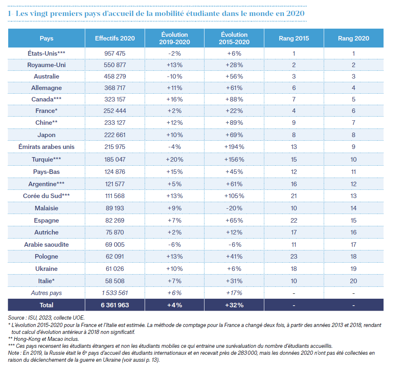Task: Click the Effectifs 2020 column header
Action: click(x=115, y=38)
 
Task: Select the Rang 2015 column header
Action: click(x=294, y=38)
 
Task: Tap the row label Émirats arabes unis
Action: click(x=46, y=147)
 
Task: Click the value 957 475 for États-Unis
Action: click(x=115, y=54)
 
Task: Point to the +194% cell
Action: click(x=234, y=147)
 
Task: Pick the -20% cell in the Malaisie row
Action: click(x=234, y=208)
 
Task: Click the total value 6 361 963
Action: click(x=115, y=305)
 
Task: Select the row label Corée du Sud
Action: click(x=46, y=196)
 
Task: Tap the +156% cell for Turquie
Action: click(x=234, y=160)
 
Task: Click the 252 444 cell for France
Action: click(x=115, y=111)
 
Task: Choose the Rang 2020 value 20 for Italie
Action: click(x=353, y=281)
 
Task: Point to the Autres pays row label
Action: click(x=46, y=293)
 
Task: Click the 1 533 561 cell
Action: click(x=115, y=293)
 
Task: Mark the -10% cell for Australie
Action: click(x=175, y=77)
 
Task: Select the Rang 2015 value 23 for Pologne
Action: click(x=294, y=256)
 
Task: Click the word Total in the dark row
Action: click(x=46, y=305)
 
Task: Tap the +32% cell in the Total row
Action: click(x=234, y=305)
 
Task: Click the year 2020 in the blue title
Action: click(x=295, y=14)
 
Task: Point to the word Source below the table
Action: click(x=16, y=318)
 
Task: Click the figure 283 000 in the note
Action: click(x=248, y=353)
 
